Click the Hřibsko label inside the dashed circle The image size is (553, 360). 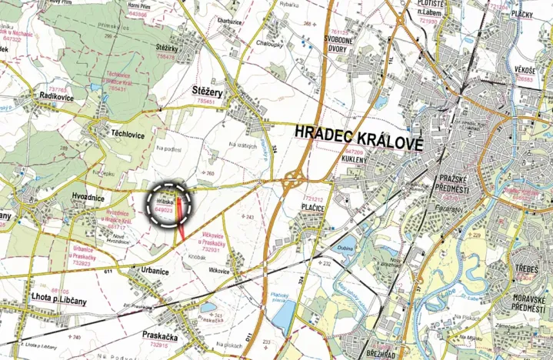coord(165,200)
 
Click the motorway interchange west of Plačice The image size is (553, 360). coord(292,184)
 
